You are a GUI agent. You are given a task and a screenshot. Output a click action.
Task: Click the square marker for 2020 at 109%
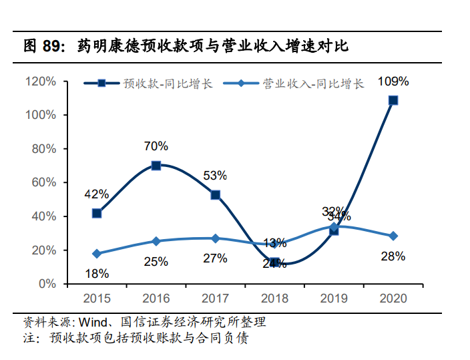click(393, 100)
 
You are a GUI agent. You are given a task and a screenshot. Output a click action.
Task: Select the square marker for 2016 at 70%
click(156, 166)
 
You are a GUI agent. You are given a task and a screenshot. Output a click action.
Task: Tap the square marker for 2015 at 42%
click(97, 213)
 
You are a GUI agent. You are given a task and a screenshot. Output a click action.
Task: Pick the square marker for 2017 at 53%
click(216, 195)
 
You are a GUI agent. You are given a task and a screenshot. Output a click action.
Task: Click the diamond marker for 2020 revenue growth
click(393, 236)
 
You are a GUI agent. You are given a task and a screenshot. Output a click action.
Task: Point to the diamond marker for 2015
click(97, 254)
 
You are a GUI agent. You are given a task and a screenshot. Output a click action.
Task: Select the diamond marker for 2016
click(156, 241)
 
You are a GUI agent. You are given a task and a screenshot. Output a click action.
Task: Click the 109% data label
click(393, 81)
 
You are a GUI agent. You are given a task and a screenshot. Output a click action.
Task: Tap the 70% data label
click(156, 146)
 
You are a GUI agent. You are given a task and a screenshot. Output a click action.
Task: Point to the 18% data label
click(97, 273)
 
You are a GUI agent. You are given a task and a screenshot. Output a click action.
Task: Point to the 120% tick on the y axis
click(41, 81)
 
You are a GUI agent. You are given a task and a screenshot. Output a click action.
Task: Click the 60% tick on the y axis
click(44, 182)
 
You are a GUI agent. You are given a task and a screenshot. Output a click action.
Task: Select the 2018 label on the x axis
click(274, 299)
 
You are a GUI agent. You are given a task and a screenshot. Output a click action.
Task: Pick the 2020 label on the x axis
click(393, 299)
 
